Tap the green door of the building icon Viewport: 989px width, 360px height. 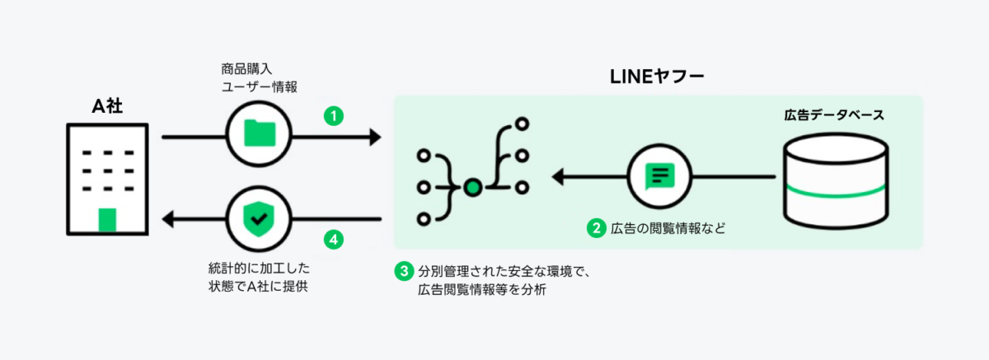pyautogui.click(x=107, y=219)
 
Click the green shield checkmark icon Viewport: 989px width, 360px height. pyautogui.click(x=260, y=219)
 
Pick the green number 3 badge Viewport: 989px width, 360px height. pyautogui.click(x=403, y=270)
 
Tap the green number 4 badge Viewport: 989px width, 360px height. pyautogui.click(x=332, y=240)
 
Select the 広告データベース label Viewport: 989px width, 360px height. pyautogui.click(x=834, y=115)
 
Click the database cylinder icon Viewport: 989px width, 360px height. pyautogui.click(x=835, y=183)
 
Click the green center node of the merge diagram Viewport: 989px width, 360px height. pyautogui.click(x=471, y=187)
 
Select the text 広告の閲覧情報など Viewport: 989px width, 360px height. pyautogui.click(x=668, y=228)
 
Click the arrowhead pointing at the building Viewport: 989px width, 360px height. pyautogui.click(x=167, y=219)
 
